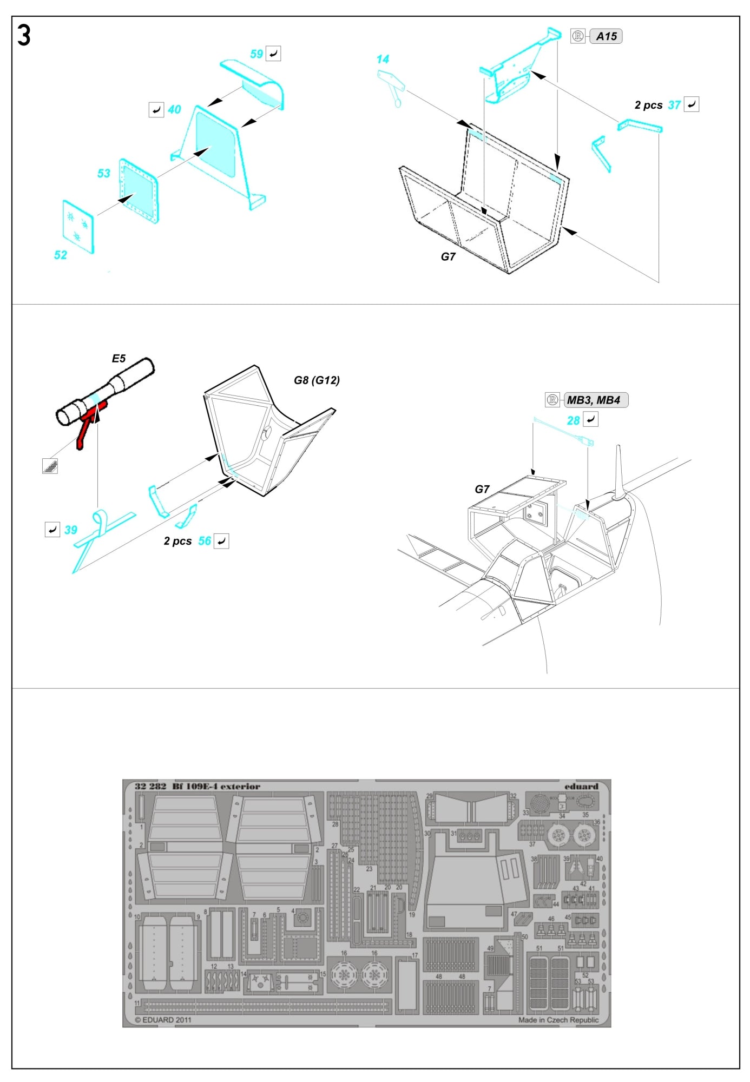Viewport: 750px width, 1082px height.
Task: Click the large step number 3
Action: (24, 36)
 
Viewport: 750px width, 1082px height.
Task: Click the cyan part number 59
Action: (256, 54)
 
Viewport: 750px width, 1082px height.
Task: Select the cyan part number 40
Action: (174, 110)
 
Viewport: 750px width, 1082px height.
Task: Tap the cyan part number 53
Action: (103, 174)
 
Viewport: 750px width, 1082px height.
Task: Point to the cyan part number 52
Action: (61, 255)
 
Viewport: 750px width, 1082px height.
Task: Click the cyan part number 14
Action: (383, 60)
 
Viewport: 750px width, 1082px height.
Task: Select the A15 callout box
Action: (606, 37)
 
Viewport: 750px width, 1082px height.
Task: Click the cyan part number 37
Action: (674, 105)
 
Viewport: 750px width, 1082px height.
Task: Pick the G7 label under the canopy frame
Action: (448, 257)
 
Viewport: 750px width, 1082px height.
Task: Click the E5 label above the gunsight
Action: (119, 359)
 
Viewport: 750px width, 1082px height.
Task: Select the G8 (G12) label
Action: (317, 380)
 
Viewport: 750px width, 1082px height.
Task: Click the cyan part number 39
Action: (71, 530)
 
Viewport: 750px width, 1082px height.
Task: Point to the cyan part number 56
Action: (204, 541)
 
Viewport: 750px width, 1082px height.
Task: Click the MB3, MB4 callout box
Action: (595, 400)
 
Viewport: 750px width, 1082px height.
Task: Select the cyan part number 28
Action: (573, 420)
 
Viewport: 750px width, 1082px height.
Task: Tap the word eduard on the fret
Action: (581, 786)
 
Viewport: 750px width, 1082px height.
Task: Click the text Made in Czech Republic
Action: (558, 1020)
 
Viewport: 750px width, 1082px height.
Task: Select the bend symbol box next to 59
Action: (273, 54)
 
